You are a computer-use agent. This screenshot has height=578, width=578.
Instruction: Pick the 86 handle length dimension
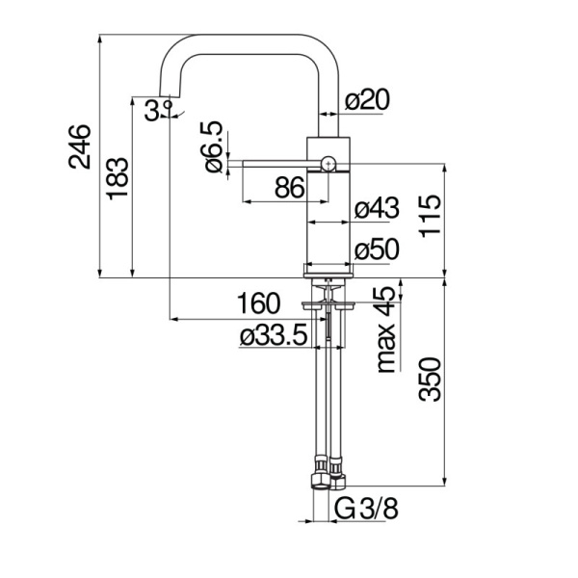[289, 189]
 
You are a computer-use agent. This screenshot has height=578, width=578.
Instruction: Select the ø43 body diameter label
[376, 208]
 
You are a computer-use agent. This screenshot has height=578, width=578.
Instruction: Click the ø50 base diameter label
[376, 250]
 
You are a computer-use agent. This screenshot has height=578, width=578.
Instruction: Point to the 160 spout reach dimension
[258, 303]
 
